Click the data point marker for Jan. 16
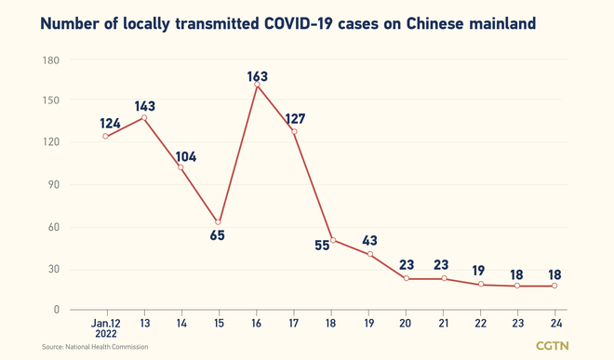pos(257,85)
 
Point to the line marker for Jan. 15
pos(219,222)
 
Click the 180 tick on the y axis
pos(48,60)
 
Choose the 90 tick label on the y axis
pos(51,185)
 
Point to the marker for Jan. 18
pos(332,240)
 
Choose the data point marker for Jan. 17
pos(295,132)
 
